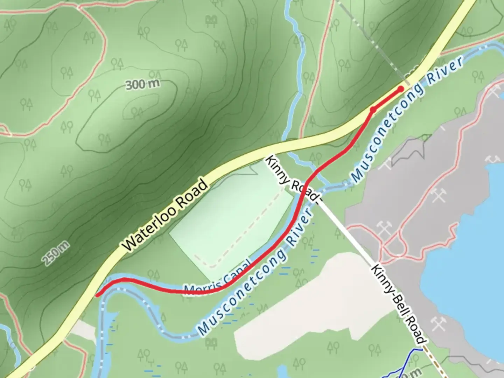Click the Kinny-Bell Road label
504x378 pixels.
click(x=399, y=304)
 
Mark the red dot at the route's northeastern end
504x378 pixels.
click(x=400, y=90)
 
